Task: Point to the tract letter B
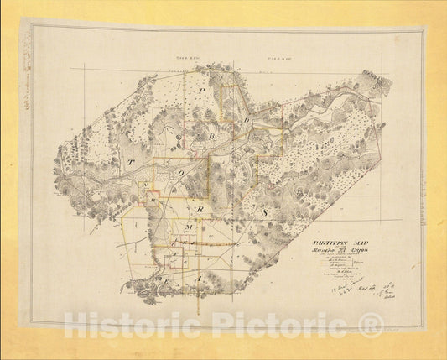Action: tap(211, 134)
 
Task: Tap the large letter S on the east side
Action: tap(263, 215)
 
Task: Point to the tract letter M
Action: tap(190, 227)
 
